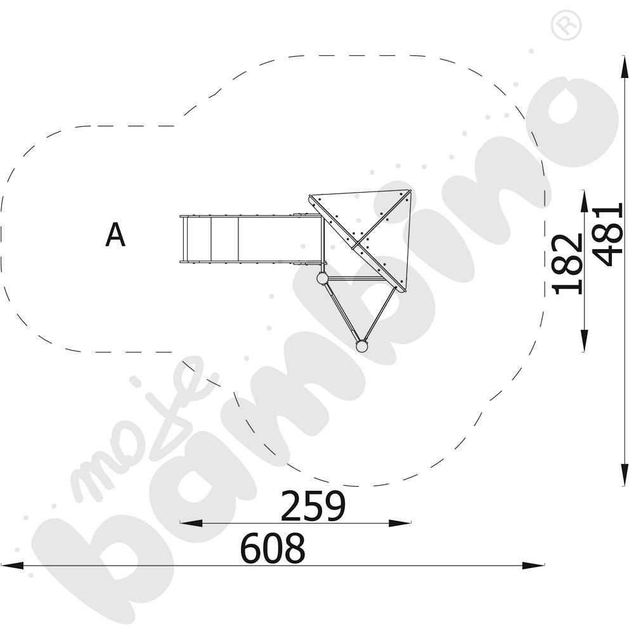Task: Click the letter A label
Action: (115, 235)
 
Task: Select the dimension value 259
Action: (313, 505)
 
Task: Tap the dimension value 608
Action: (273, 548)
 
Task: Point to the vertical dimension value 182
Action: (567, 264)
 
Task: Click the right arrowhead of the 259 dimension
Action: (400, 523)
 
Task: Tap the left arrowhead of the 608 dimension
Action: (13, 566)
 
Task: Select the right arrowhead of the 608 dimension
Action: (533, 566)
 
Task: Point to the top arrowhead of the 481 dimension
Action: (624, 67)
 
